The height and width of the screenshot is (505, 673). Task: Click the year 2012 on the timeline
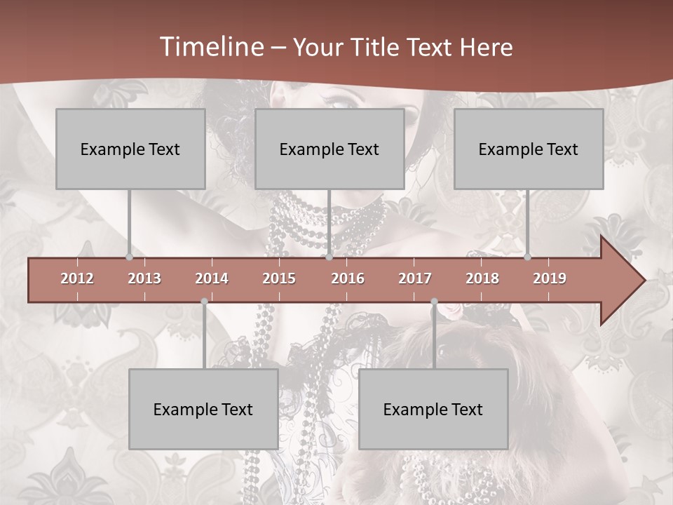click(x=77, y=278)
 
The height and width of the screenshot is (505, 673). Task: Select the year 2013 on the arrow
click(x=144, y=278)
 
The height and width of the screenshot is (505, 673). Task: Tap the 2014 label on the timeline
click(x=212, y=278)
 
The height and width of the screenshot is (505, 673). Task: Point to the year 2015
click(x=279, y=278)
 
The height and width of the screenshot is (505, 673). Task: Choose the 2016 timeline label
click(x=348, y=278)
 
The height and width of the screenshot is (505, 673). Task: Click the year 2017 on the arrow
click(x=415, y=278)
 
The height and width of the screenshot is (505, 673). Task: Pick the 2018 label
click(x=482, y=278)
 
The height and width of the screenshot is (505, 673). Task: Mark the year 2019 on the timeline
click(x=550, y=278)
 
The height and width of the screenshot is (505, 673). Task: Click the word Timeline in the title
click(x=211, y=47)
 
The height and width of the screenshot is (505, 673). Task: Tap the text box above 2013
click(x=130, y=149)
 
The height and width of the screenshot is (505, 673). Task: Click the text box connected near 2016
click(x=329, y=149)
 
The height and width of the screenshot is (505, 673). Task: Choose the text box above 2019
click(x=529, y=149)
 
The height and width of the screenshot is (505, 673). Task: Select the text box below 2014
click(x=203, y=409)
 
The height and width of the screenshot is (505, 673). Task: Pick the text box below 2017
click(x=433, y=409)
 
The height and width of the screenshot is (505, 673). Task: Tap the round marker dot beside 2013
click(x=129, y=257)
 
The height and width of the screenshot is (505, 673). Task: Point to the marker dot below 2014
click(x=204, y=302)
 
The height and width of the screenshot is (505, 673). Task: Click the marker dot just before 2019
click(x=527, y=257)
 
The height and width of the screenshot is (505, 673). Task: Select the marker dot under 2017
click(x=434, y=302)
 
